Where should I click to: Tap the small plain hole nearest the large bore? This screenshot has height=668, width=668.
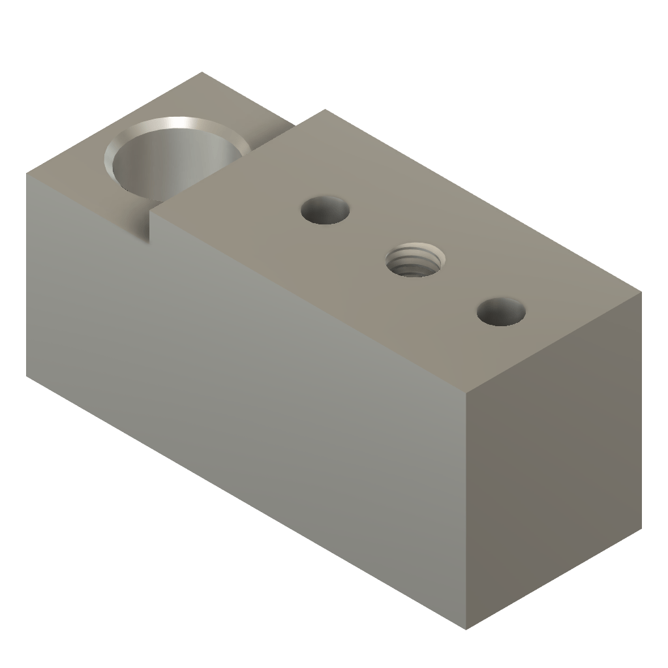point(325,210)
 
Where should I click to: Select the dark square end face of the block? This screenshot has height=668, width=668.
point(554,457)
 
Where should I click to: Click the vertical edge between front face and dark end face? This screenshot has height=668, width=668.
point(466,509)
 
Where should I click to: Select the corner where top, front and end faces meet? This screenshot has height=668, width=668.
point(466,393)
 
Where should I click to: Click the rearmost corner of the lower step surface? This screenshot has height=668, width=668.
point(202,72)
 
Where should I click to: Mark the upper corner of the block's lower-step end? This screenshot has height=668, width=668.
point(27,174)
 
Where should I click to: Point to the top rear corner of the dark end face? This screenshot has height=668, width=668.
point(641,292)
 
